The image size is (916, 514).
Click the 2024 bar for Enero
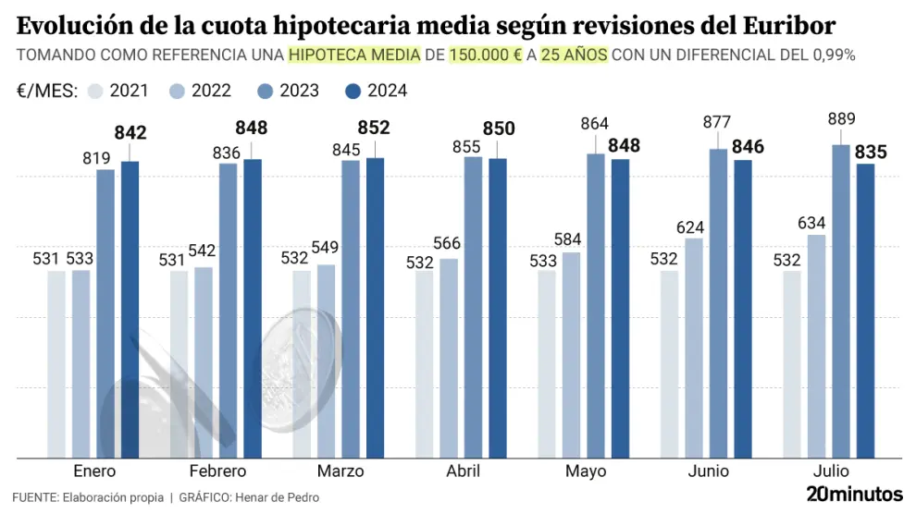coord(130,309)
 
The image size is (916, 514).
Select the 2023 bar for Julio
coord(841,300)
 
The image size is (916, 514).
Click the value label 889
coord(841,119)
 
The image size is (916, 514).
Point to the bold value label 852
coord(375,128)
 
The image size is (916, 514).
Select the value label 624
coord(694,226)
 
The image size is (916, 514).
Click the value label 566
coord(449,243)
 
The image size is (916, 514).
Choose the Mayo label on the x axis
coord(586,471)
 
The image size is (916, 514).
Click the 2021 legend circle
coord(96,91)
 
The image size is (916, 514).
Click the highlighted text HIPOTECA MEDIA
coord(354,55)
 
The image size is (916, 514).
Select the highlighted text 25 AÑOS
coord(574,55)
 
